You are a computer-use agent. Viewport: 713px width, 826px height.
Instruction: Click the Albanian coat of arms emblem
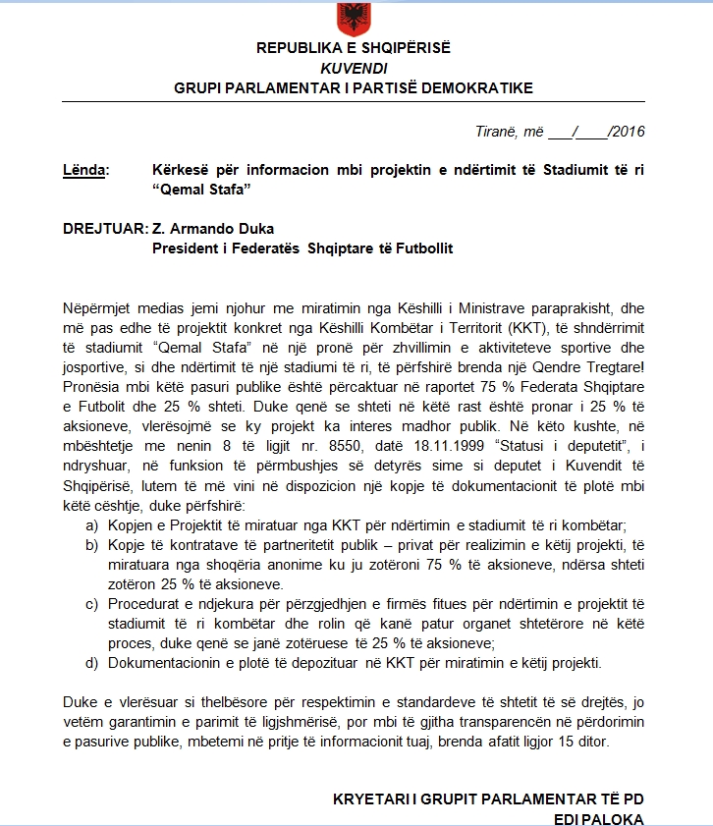pyautogui.click(x=353, y=18)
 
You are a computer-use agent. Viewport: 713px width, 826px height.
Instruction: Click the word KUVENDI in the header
pyautogui.click(x=354, y=68)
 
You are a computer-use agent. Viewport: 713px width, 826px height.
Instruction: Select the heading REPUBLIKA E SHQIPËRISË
pyautogui.click(x=354, y=48)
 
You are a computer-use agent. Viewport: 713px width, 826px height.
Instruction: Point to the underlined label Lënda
pyautogui.click(x=83, y=170)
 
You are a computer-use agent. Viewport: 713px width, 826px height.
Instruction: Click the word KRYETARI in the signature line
pyautogui.click(x=369, y=798)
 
